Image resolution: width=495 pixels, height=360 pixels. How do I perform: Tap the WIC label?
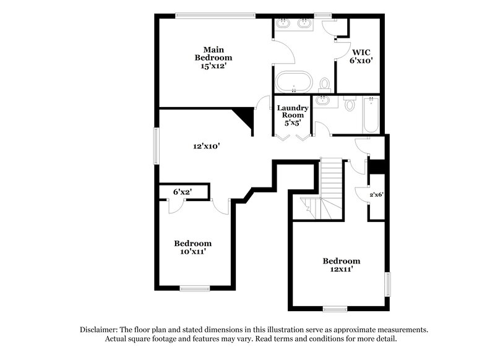(361, 53)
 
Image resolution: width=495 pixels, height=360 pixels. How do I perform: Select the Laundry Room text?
(292, 111)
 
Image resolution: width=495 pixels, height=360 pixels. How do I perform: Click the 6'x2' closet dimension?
(182, 192)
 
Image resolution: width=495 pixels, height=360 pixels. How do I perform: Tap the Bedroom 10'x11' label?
(192, 247)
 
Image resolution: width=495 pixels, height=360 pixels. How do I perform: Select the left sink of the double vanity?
(284, 24)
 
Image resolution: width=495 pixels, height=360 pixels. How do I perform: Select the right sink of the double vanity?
(304, 24)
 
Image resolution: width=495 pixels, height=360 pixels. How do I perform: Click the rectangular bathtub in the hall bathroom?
(371, 115)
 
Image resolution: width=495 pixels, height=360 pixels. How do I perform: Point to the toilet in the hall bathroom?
(350, 105)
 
